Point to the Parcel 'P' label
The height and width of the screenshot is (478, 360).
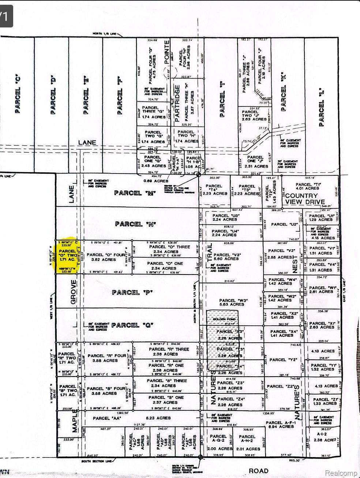click(x=127, y=292)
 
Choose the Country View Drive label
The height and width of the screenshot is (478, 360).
click(x=304, y=199)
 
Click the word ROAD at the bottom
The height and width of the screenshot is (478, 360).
click(x=258, y=471)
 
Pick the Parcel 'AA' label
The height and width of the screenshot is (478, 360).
click(x=107, y=418)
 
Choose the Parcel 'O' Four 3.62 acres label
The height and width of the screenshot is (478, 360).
click(x=101, y=257)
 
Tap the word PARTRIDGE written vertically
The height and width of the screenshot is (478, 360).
click(x=177, y=103)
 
